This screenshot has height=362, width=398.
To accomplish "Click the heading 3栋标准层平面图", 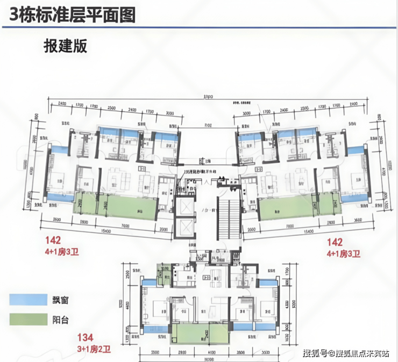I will (x=68, y=15).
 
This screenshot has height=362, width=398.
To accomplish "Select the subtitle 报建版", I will (x=65, y=45).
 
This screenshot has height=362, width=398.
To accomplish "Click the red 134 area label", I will (x=85, y=337).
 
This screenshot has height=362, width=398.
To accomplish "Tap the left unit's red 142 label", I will (x=54, y=241).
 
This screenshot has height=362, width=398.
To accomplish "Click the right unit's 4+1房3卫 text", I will (x=343, y=251).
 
